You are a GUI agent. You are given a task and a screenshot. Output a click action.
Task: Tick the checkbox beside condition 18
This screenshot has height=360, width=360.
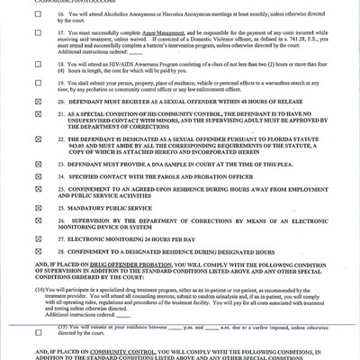[38, 90]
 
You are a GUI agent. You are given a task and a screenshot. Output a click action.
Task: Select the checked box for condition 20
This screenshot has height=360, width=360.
[38, 129]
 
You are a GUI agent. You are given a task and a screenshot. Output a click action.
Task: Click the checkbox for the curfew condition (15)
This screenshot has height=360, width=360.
[38, 327]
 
